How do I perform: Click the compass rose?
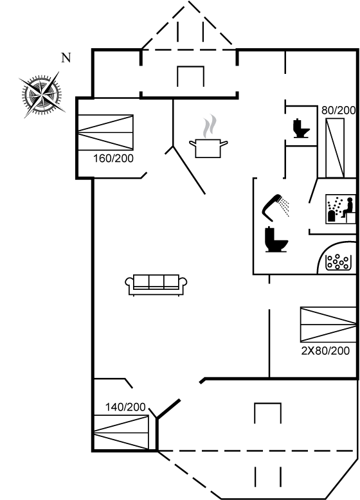click(x=42, y=94)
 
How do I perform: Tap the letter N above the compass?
click(x=66, y=58)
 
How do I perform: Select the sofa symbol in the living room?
click(x=156, y=285)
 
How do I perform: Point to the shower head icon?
click(x=272, y=208)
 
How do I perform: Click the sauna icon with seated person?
click(x=340, y=209)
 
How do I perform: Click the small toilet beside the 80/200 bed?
click(x=301, y=128)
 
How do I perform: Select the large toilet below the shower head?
click(x=276, y=240)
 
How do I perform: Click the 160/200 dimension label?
click(x=113, y=158)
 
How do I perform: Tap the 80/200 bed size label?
click(x=338, y=111)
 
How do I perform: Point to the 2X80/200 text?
click(x=325, y=351)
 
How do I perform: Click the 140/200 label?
click(x=125, y=407)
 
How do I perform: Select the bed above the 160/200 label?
click(x=105, y=132)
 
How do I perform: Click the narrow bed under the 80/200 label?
click(x=335, y=148)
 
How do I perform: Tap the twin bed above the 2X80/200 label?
click(x=328, y=325)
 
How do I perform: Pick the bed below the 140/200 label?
click(x=121, y=433)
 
